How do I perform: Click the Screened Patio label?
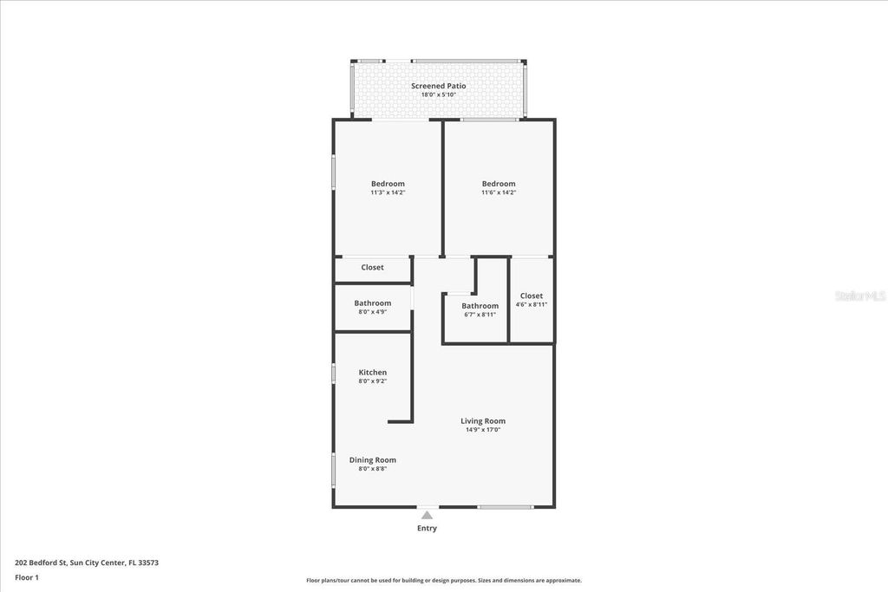click(x=438, y=86)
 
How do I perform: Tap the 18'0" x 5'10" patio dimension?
click(x=438, y=94)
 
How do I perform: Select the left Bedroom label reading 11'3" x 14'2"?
click(x=388, y=184)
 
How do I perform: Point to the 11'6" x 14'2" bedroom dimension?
click(x=499, y=192)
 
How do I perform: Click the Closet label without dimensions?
click(x=372, y=268)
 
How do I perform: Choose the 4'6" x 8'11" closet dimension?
click(x=532, y=304)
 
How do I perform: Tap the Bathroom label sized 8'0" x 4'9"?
click(x=372, y=303)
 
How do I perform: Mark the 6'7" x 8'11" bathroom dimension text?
click(x=480, y=315)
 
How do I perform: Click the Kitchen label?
click(x=372, y=373)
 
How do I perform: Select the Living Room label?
click(x=483, y=421)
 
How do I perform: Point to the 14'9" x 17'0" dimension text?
click(x=483, y=430)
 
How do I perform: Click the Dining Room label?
click(x=372, y=460)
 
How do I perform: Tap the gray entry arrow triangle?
click(x=427, y=515)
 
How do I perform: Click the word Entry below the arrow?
click(x=427, y=529)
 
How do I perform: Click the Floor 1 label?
click(x=27, y=577)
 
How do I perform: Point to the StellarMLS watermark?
click(x=859, y=296)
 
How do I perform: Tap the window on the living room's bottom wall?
click(x=506, y=507)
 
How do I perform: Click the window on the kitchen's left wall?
click(x=334, y=373)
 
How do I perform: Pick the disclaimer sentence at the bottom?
click(x=443, y=581)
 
